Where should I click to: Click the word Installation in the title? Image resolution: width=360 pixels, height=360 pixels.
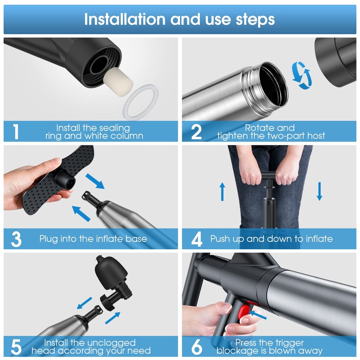tap(125, 19)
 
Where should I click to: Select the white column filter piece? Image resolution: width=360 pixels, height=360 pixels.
tap(118, 80)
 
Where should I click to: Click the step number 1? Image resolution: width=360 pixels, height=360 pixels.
tap(16, 131)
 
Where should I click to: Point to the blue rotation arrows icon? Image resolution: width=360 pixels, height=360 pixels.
tap(301, 75)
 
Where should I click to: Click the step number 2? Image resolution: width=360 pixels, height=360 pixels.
tap(197, 132)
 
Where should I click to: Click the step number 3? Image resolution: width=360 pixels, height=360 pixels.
tap(16, 239)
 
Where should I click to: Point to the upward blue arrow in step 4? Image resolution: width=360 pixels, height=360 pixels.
tap(222, 192)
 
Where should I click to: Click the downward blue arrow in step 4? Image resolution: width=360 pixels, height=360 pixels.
tap(319, 191)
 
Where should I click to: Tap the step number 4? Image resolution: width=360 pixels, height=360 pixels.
tap(197, 239)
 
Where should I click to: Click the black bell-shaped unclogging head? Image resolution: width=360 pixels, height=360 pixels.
tap(111, 275)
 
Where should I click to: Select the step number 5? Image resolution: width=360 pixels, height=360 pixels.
tap(16, 347)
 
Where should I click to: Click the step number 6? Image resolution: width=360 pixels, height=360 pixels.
tap(197, 347)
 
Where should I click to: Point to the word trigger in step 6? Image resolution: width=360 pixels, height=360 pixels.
tap(289, 343)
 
